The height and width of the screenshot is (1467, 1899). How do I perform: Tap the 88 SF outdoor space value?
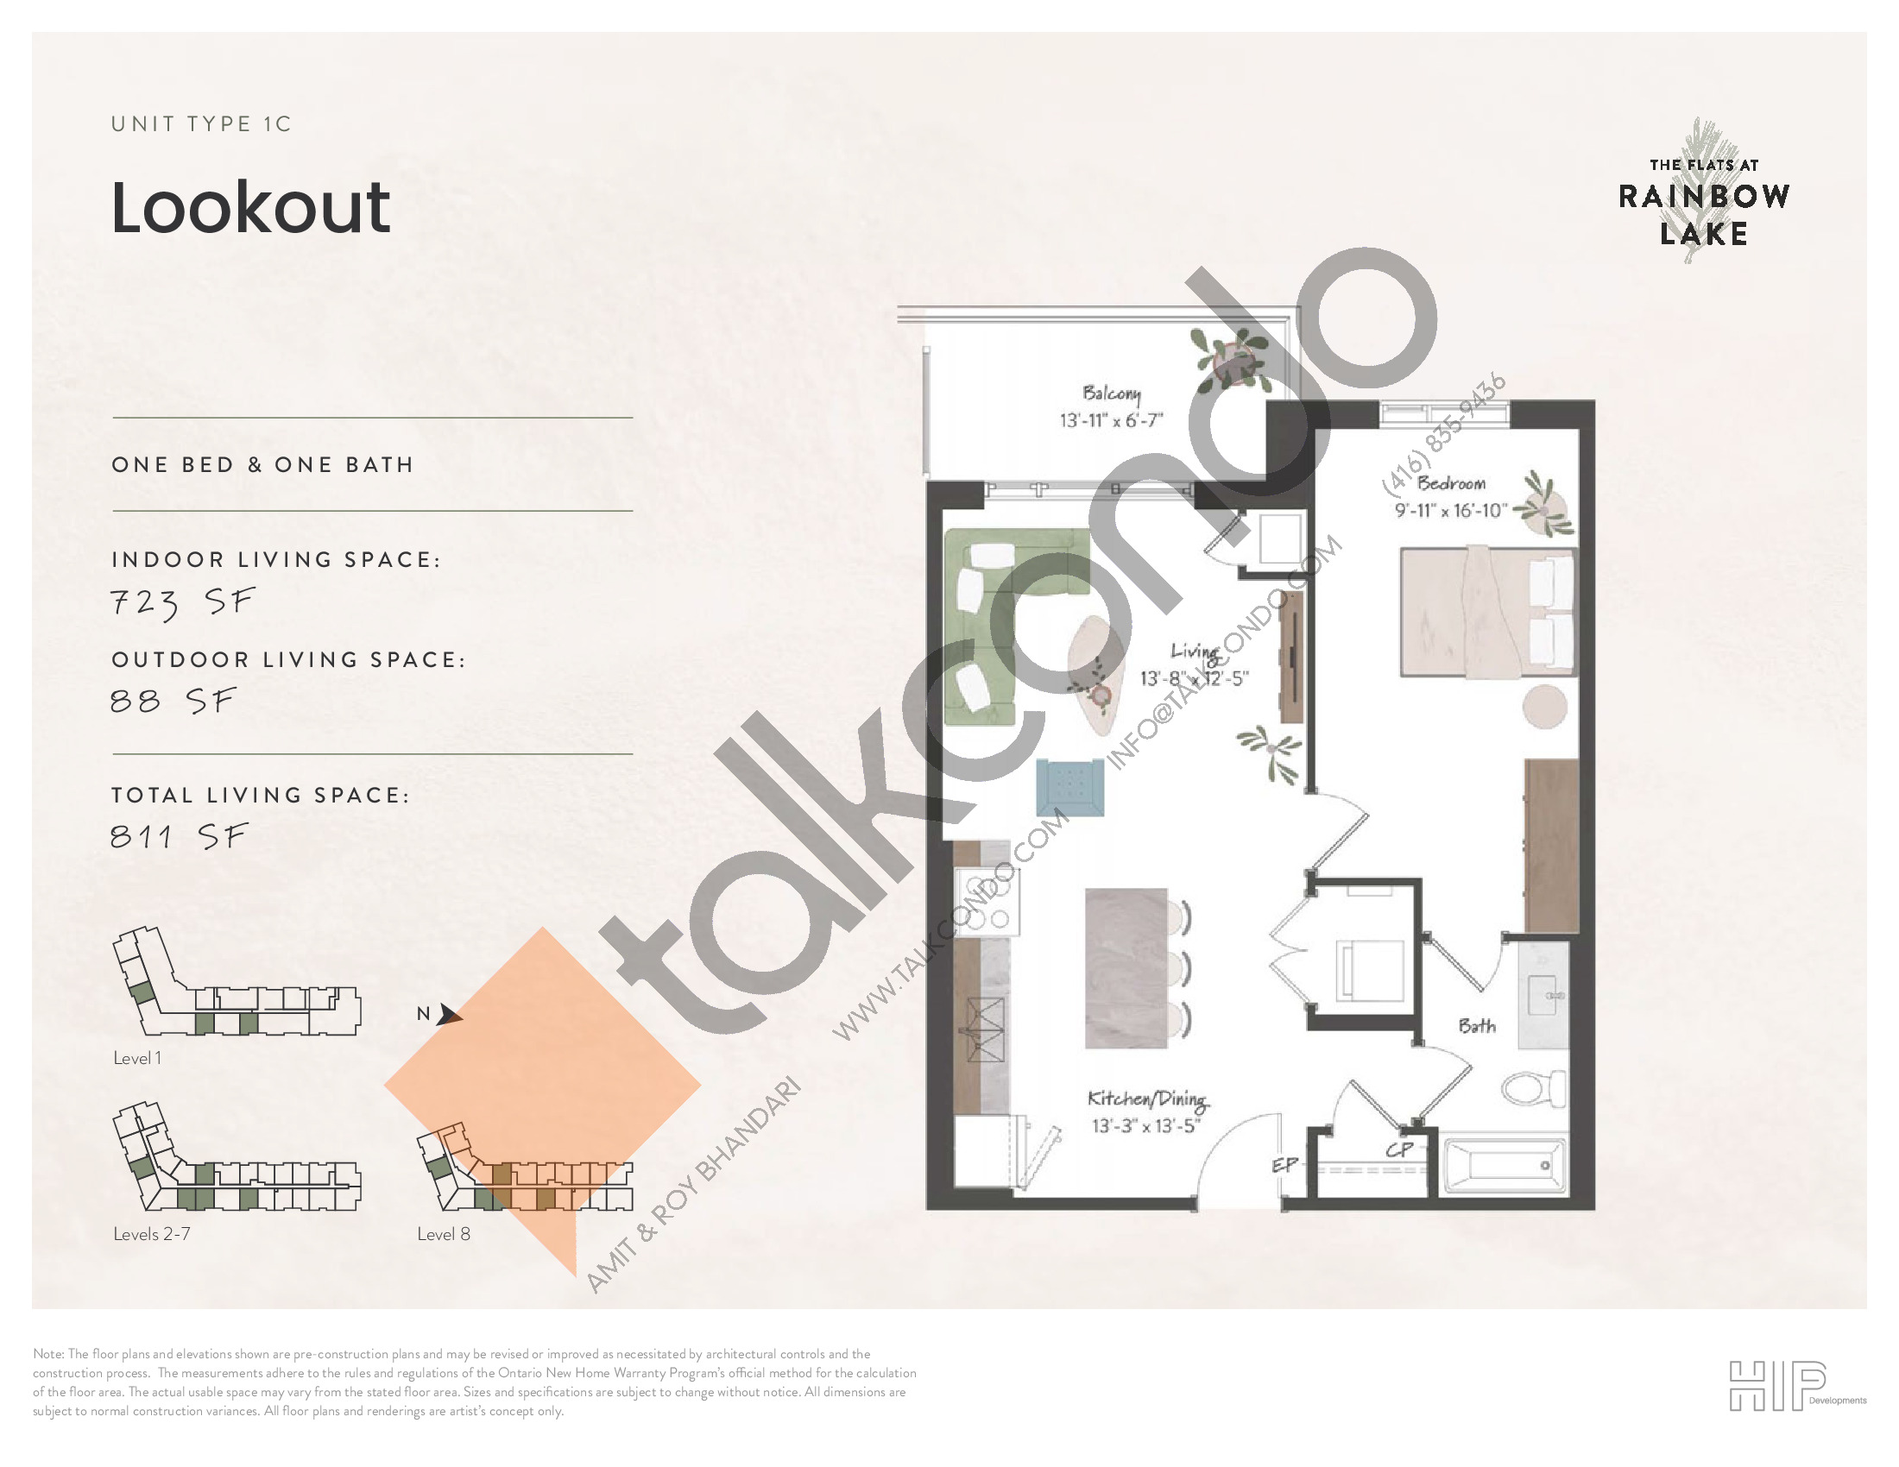(x=173, y=700)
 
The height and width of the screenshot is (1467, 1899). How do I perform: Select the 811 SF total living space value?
(x=180, y=836)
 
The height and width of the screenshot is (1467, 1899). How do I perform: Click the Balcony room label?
(x=1111, y=393)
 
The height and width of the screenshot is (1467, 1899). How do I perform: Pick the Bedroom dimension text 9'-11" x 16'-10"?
(x=1451, y=510)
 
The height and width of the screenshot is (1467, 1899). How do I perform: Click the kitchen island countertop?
(x=1126, y=968)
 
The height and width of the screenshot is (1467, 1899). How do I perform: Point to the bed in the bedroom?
(x=1487, y=612)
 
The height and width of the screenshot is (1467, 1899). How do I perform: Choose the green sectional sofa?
(x=1008, y=617)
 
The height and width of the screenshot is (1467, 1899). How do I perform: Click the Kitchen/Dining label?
(x=1147, y=1099)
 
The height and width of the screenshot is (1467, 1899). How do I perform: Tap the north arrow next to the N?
(x=449, y=1014)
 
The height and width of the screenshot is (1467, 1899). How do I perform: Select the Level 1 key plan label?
(x=137, y=1058)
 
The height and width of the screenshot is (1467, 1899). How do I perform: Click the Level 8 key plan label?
(x=444, y=1234)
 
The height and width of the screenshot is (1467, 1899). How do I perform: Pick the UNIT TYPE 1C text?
(x=201, y=124)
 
